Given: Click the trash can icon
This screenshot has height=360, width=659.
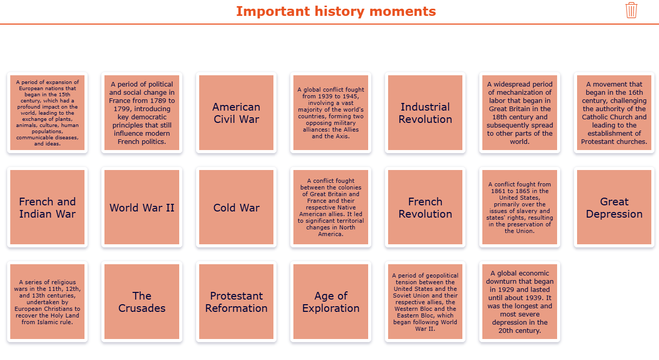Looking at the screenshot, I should [x=631, y=10].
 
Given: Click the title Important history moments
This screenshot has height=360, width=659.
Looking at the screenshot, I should [x=336, y=11].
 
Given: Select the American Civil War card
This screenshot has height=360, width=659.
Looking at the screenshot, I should [x=236, y=113].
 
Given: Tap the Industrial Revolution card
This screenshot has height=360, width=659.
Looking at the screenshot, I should [x=425, y=113].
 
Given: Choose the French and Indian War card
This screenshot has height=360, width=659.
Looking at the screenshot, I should [x=47, y=207].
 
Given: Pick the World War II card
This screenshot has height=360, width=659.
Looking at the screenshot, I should [x=142, y=207].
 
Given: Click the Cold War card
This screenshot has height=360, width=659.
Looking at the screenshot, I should [x=236, y=207].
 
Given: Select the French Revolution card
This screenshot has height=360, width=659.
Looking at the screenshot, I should [x=425, y=207].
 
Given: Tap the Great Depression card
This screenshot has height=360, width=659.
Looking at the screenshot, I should [x=614, y=207].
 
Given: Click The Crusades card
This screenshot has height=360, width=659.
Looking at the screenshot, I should [x=142, y=302].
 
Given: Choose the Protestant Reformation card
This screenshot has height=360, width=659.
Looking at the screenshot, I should [x=236, y=302].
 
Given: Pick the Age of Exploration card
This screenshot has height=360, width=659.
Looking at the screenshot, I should [x=331, y=302].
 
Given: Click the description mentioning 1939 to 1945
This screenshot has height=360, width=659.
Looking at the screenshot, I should [x=331, y=113].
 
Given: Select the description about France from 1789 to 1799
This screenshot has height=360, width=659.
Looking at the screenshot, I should [x=142, y=113].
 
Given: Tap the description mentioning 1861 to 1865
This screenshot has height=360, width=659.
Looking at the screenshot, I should [x=519, y=207].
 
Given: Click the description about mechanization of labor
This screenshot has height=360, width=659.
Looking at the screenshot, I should [x=519, y=113].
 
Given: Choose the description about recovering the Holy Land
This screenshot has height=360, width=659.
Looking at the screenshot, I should [x=47, y=302].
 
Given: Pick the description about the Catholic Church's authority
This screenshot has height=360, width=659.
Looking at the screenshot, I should [x=614, y=113].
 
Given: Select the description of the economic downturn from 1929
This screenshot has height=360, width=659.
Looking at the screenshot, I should [x=519, y=302].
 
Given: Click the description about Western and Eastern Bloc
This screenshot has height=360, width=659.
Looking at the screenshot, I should [x=425, y=302].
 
